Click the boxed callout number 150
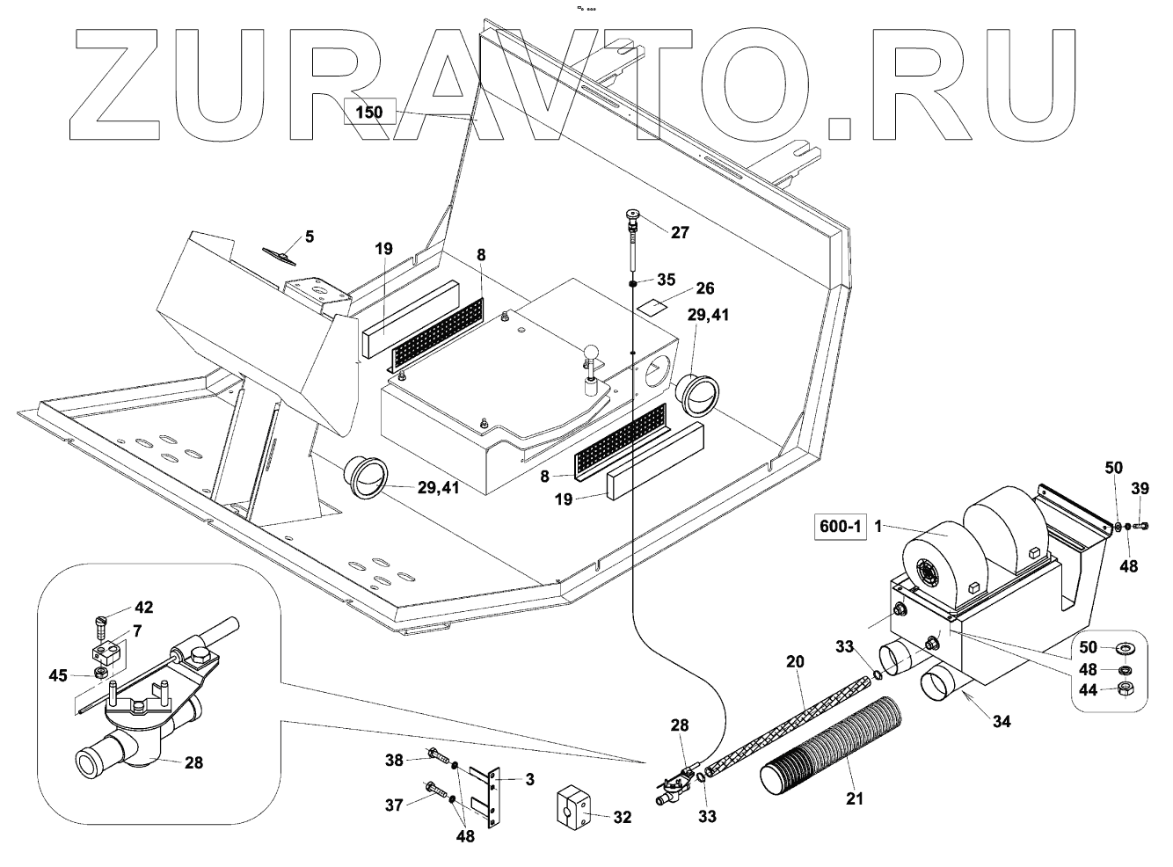(370, 113)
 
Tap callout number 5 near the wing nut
(309, 236)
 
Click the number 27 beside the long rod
(680, 233)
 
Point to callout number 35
(666, 280)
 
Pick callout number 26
(704, 288)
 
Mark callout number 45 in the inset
(100, 674)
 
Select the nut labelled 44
(1125, 688)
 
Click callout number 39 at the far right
(1140, 488)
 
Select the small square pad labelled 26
(652, 306)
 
